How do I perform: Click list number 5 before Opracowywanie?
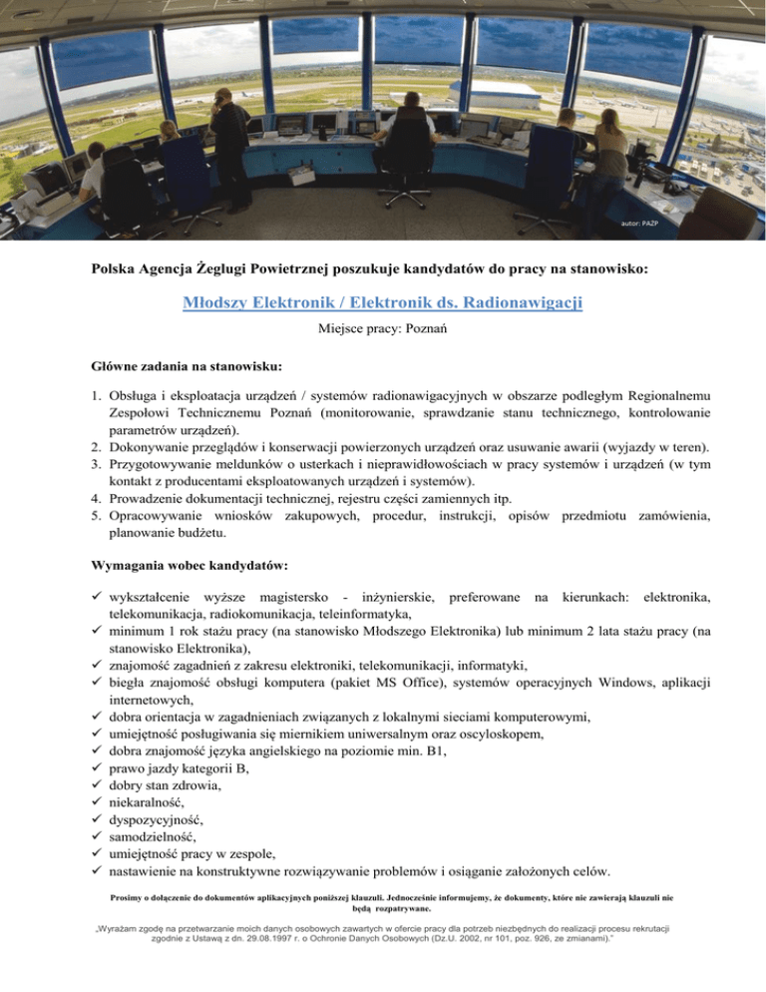(x=87, y=518)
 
